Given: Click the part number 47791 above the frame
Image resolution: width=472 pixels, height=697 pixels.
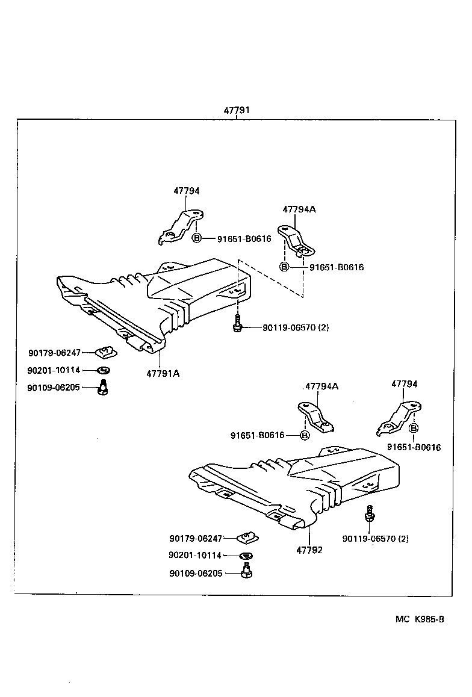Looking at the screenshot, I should (x=237, y=111).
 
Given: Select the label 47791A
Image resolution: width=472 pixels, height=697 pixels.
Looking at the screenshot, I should (x=163, y=373).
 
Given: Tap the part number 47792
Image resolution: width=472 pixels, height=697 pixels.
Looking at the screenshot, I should (x=309, y=550).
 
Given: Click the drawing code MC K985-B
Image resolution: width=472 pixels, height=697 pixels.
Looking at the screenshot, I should (x=420, y=619).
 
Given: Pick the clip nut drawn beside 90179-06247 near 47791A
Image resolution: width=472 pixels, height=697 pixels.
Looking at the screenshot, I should (x=107, y=351).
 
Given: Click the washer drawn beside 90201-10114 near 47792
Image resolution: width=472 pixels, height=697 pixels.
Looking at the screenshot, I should (x=246, y=555).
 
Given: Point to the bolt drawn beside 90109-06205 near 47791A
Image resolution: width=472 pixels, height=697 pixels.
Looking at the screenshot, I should (x=103, y=388).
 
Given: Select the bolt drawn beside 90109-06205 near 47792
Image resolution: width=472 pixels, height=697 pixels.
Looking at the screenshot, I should (x=246, y=571).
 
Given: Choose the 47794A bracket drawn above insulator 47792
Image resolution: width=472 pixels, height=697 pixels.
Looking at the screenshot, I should (x=315, y=416).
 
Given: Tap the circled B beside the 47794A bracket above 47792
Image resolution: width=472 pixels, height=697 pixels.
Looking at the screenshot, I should (x=305, y=435).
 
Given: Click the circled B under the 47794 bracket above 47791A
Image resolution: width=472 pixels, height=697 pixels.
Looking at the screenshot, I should (x=197, y=238).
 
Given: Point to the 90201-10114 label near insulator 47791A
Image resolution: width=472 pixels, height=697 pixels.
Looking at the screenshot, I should (x=53, y=370).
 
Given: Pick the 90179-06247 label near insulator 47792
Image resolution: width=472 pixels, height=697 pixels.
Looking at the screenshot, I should (x=196, y=537).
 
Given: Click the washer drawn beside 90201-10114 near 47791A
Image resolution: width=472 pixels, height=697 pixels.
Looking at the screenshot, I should (x=104, y=370).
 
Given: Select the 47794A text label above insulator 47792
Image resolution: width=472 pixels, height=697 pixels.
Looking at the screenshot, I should (x=321, y=386).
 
